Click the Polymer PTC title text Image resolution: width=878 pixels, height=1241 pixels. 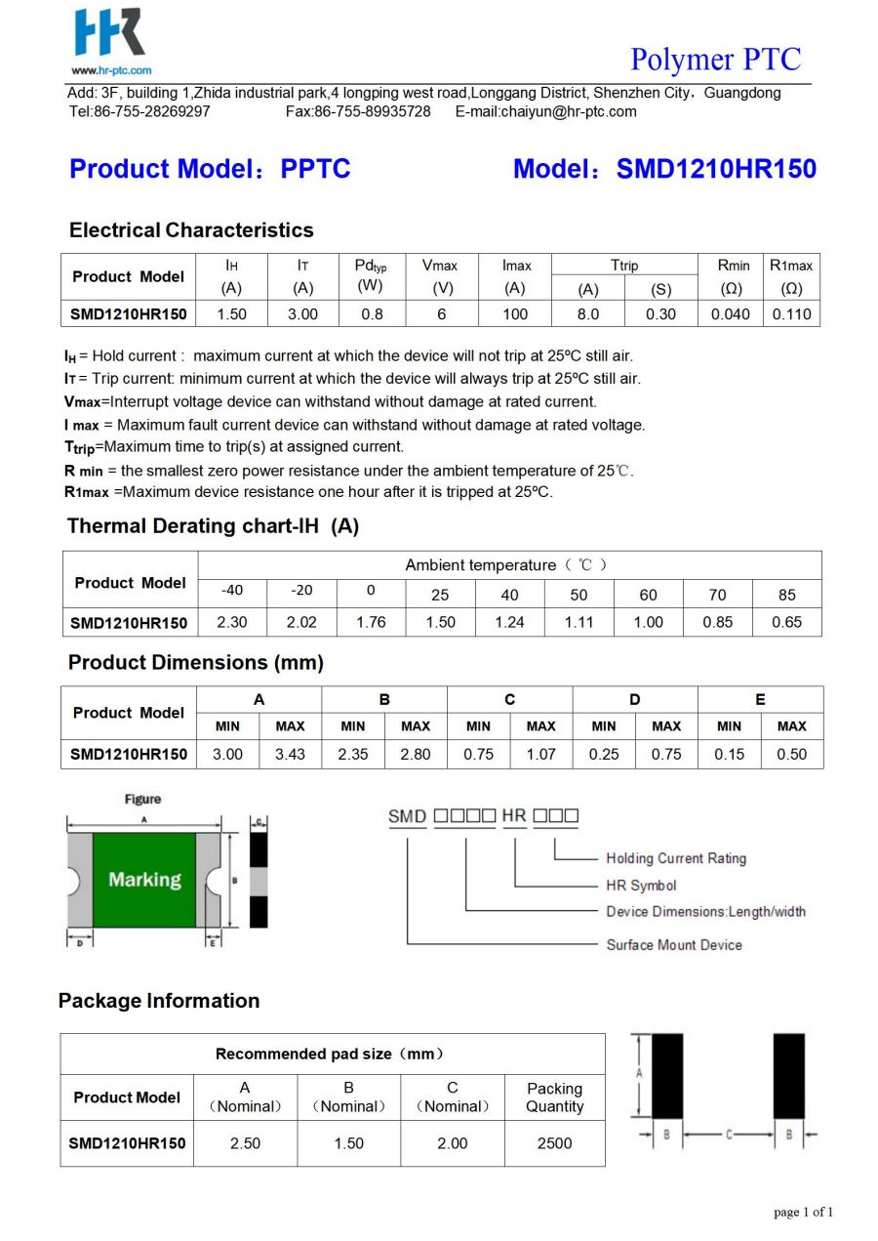point(715,60)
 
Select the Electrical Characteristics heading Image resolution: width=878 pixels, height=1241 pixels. point(191,230)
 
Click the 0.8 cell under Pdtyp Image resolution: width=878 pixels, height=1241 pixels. point(372,314)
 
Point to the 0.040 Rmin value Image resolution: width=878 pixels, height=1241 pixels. point(731,314)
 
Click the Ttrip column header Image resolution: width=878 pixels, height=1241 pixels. point(624,266)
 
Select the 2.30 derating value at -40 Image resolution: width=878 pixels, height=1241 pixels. point(232,622)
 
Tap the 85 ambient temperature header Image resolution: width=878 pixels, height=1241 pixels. point(786,595)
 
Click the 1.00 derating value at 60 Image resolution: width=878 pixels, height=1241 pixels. point(648,622)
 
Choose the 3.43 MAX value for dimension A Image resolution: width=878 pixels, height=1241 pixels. point(290,754)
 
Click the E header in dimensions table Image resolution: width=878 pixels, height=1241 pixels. point(760,699)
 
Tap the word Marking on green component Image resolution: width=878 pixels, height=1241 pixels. point(144,880)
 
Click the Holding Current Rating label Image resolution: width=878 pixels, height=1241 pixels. point(675,858)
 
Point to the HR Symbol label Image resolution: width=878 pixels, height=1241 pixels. point(641,886)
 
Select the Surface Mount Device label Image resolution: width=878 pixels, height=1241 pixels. point(674,944)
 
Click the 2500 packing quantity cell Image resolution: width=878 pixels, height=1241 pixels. point(554,1142)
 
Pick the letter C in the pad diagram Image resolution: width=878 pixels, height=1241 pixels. point(729,1135)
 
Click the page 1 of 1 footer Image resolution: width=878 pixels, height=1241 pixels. point(803,1213)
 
